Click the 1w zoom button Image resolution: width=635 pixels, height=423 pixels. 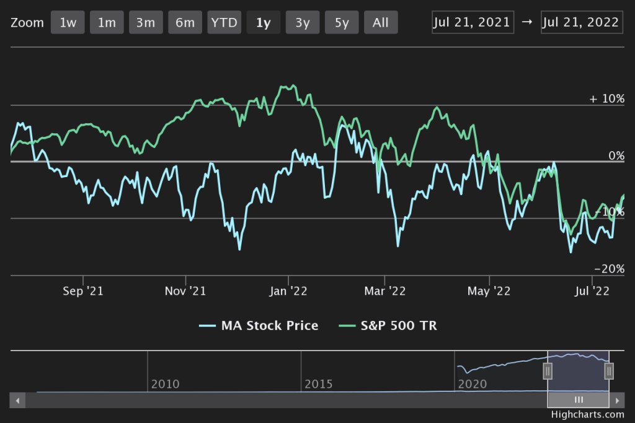pyautogui.click(x=68, y=22)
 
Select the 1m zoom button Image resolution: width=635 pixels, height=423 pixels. pyautogui.click(x=107, y=22)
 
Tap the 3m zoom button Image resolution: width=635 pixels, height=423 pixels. pyautogui.click(x=146, y=22)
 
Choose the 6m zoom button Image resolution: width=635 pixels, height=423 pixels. pyautogui.click(x=185, y=22)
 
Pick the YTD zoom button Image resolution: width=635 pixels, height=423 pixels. pyautogui.click(x=224, y=22)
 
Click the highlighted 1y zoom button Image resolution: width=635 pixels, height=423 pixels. pyautogui.click(x=263, y=22)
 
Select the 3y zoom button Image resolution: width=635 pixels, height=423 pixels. pyautogui.click(x=303, y=22)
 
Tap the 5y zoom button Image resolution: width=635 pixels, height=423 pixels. pyautogui.click(x=342, y=22)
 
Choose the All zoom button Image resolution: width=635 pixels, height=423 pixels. pyautogui.click(x=381, y=22)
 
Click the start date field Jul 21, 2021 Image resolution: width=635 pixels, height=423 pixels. pyautogui.click(x=473, y=22)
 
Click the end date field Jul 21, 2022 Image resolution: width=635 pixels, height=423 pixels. pyautogui.click(x=582, y=22)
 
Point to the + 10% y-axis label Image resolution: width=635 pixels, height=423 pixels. pyautogui.click(x=606, y=99)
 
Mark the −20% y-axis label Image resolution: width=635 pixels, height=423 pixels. pyautogui.click(x=608, y=269)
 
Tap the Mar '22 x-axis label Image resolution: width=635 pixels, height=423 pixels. pyautogui.click(x=386, y=290)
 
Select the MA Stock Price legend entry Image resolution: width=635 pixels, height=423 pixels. pyautogui.click(x=259, y=325)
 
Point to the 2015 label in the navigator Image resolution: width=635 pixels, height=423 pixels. pyautogui.click(x=319, y=384)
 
